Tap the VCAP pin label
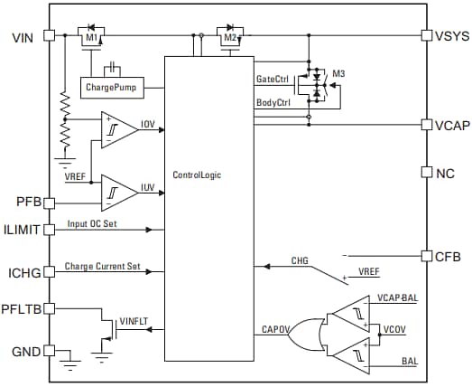tap(451, 125)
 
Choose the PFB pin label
tap(27, 201)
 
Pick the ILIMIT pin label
tap(23, 230)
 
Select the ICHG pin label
tap(25, 271)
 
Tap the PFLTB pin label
tap(23, 308)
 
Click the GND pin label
tap(25, 351)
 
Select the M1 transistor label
tap(90, 39)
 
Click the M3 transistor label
tap(339, 72)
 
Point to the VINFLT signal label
tap(134, 320)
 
